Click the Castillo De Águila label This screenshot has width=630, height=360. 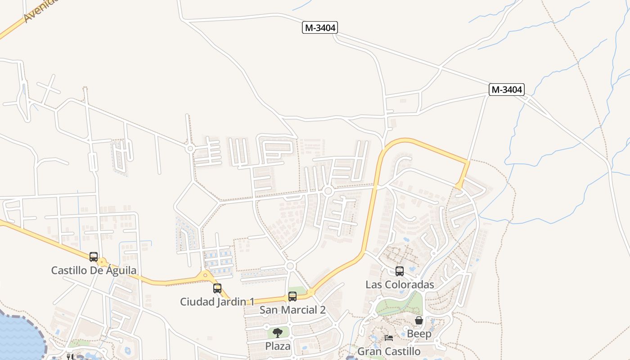(x=94, y=270)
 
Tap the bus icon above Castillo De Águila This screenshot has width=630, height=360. (x=94, y=257)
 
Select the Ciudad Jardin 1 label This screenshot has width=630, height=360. (x=217, y=301)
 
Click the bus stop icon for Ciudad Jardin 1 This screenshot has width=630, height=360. (x=217, y=288)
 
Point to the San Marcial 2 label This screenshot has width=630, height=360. (x=292, y=310)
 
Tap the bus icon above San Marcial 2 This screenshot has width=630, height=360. (x=292, y=297)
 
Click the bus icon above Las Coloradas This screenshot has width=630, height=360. (x=400, y=271)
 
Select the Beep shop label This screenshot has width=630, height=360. (x=419, y=334)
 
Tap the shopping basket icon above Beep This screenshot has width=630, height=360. (x=419, y=320)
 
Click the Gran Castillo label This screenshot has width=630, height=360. (x=389, y=351)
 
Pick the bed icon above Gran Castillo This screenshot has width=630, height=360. (x=389, y=338)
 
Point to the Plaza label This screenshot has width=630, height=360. (x=278, y=346)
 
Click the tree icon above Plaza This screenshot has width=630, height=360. (x=278, y=333)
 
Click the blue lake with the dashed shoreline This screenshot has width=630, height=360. (x=20, y=337)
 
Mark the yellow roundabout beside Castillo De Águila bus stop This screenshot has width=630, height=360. (x=103, y=261)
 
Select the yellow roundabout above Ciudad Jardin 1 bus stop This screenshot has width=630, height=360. (x=206, y=275)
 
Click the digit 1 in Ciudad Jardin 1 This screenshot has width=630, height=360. (x=252, y=301)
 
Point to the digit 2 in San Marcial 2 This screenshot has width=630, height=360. (x=322, y=310)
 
